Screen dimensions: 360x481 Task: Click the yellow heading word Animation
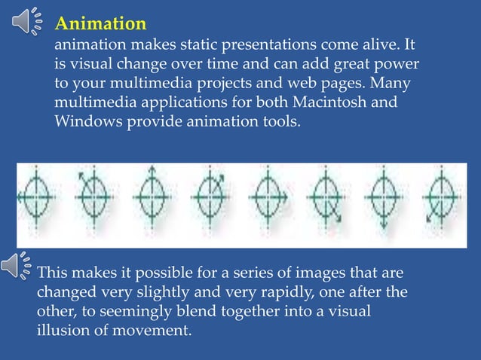pyautogui.click(x=101, y=23)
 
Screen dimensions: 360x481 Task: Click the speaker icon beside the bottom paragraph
pyautogui.click(x=17, y=265)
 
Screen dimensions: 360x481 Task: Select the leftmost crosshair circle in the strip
pyautogui.click(x=35, y=198)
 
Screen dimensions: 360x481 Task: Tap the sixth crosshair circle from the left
pyautogui.click(x=326, y=200)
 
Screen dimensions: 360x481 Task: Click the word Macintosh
pyautogui.click(x=359, y=102)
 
